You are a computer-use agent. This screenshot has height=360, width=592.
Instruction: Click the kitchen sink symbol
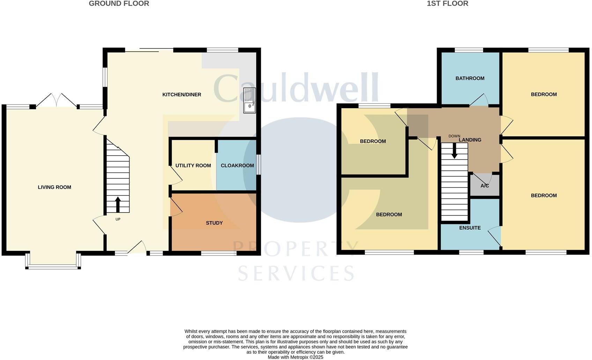[250, 100]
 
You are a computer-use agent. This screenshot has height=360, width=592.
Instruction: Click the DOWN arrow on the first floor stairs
[454, 151]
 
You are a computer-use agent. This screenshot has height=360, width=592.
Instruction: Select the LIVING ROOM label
[54, 187]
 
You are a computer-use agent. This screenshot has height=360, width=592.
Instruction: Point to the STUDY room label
[214, 223]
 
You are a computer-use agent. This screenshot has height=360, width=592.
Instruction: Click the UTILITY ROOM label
[193, 165]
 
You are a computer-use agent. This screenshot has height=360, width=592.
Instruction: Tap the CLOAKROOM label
[237, 165]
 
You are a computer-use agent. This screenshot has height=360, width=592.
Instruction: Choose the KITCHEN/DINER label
[182, 95]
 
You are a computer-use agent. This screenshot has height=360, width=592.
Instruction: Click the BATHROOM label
[470, 78]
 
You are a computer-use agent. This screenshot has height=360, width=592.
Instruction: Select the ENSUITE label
[470, 228]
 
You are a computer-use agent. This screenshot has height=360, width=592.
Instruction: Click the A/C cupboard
[484, 186]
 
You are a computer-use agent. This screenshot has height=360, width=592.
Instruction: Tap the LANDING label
[470, 140]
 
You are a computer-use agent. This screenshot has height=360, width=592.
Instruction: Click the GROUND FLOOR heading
[119, 3]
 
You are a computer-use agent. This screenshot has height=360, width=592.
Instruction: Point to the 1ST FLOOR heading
[447, 3]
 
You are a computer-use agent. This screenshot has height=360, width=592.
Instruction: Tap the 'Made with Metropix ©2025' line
[295, 357]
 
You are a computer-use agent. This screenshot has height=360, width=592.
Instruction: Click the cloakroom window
[259, 164]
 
